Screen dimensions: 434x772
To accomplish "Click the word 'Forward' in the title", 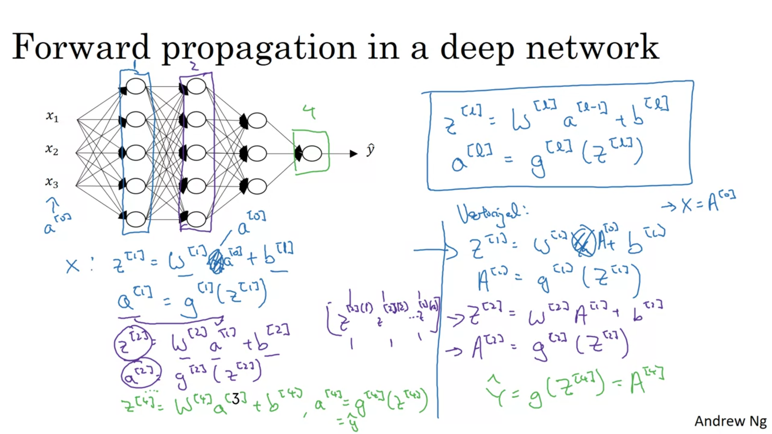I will point(80,47).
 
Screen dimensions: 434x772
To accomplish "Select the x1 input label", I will point(52,117).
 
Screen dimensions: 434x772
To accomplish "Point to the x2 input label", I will point(52,150).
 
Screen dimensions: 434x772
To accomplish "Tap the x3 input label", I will point(52,183).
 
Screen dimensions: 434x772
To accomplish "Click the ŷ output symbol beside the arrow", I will point(370,150).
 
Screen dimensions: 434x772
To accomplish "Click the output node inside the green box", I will point(312,154).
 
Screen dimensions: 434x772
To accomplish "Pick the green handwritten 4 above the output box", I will point(309,112).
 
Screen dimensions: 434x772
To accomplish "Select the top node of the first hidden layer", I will point(136,86).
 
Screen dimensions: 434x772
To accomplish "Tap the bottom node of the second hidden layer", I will point(196,219).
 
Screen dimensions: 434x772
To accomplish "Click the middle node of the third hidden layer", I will point(257,154).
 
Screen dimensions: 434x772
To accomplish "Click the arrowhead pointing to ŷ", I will point(353,154).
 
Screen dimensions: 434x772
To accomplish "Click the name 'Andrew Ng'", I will point(730,421).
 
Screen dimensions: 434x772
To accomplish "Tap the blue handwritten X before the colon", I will point(73,266).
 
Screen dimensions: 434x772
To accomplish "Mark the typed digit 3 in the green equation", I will point(236,399).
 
